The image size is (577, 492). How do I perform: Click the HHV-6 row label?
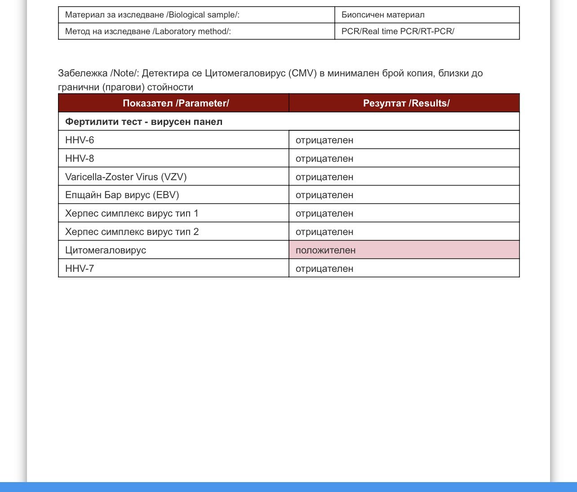[80, 140]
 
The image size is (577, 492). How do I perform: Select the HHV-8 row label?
[80, 159]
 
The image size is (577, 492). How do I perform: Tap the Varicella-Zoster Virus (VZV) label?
[126, 177]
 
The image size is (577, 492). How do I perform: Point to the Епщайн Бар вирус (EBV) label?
[122, 195]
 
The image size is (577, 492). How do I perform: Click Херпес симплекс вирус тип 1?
[132, 213]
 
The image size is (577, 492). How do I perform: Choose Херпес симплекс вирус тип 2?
[132, 232]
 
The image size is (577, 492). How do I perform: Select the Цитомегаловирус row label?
[106, 250]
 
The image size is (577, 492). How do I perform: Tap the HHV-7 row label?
[80, 269]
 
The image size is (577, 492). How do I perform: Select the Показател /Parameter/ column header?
[176, 103]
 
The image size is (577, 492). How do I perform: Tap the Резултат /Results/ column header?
[406, 103]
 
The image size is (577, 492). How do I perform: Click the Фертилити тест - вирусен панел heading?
[144, 122]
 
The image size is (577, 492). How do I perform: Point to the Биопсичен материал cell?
[383, 15]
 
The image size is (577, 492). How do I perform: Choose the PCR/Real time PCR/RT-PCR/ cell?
[398, 31]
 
